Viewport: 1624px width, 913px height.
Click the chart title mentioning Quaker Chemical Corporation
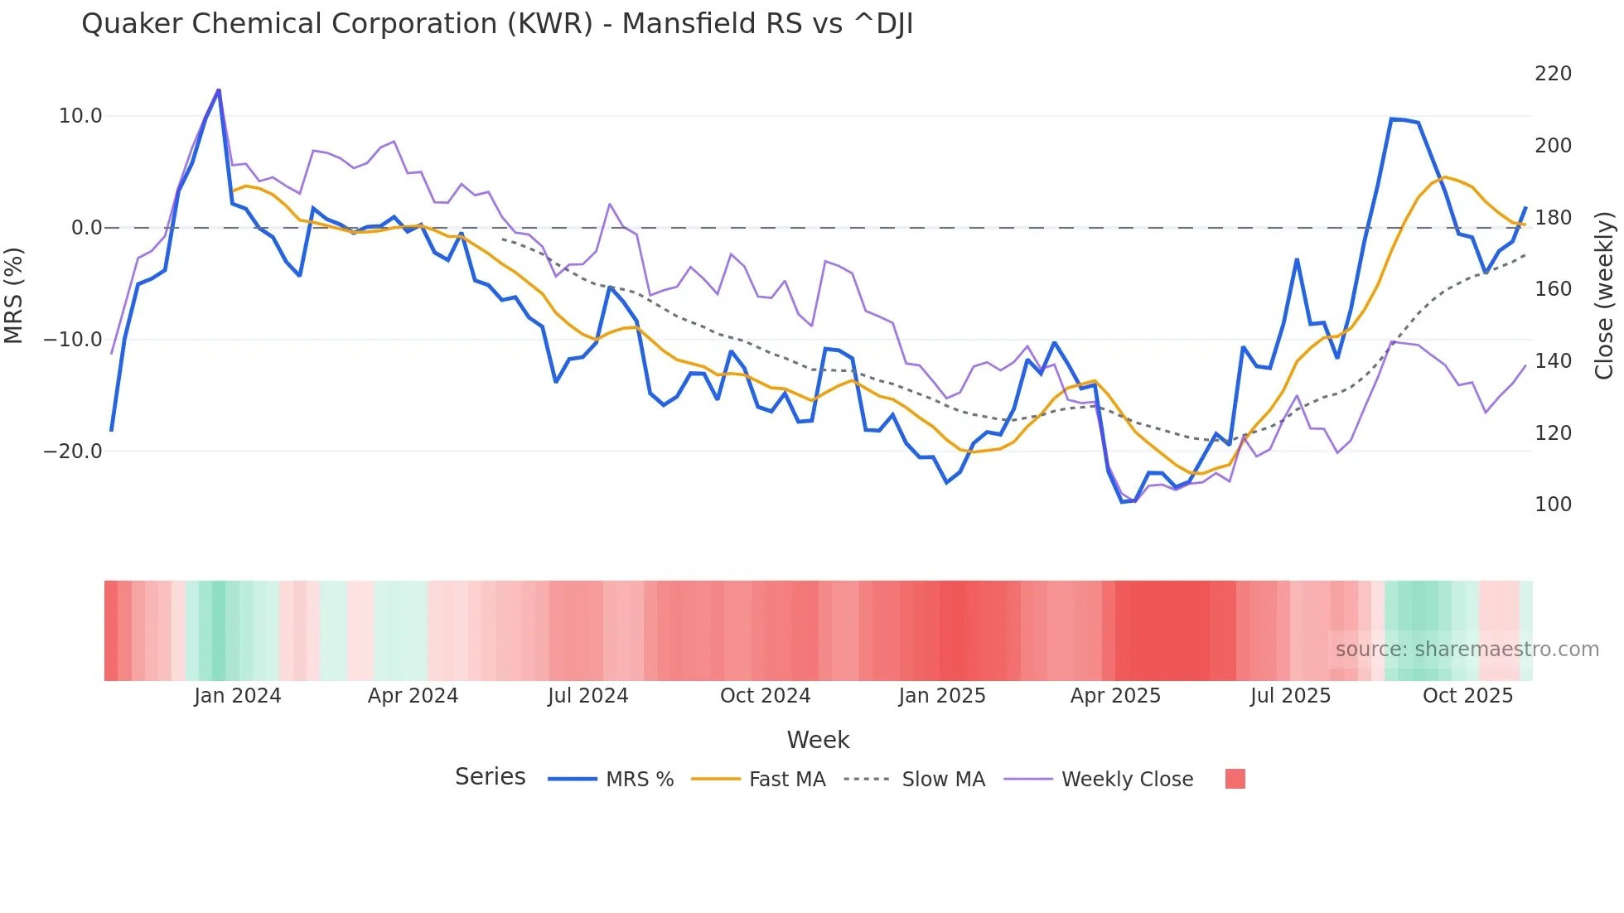(x=497, y=24)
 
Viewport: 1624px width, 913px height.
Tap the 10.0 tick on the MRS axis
(x=80, y=116)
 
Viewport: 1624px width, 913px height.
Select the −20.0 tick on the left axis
(x=73, y=452)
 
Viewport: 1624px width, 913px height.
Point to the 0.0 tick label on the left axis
(x=87, y=228)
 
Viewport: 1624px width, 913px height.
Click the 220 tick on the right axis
(x=1553, y=74)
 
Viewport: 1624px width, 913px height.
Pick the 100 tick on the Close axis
(x=1553, y=505)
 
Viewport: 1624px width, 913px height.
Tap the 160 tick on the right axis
(x=1553, y=289)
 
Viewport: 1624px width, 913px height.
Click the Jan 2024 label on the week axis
(x=238, y=696)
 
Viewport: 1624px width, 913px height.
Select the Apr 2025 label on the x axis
(x=1115, y=696)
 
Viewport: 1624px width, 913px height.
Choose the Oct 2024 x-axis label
(x=765, y=696)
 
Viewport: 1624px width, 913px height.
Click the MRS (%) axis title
(x=14, y=295)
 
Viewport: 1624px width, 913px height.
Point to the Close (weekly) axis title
(x=1605, y=295)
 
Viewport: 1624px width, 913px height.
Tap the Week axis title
(x=818, y=740)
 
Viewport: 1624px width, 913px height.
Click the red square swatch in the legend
(x=1235, y=779)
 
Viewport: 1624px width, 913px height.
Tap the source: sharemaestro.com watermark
(x=1467, y=650)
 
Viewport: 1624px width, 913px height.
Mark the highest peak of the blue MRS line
(x=219, y=90)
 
